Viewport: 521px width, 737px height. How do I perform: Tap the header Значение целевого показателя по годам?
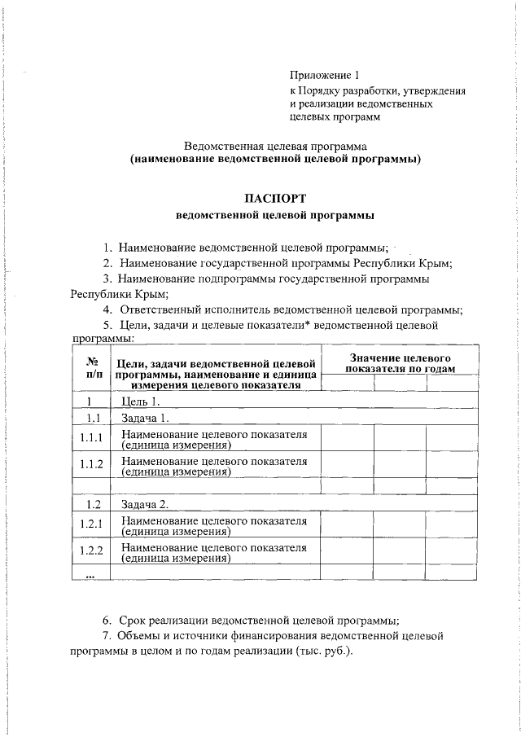click(400, 363)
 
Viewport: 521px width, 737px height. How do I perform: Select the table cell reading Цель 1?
click(139, 401)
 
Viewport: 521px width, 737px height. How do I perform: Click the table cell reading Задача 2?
click(145, 504)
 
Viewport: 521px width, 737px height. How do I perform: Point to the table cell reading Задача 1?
click(145, 419)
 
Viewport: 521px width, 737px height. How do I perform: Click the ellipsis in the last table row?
click(92, 575)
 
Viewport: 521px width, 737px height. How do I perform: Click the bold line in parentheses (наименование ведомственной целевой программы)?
click(275, 160)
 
